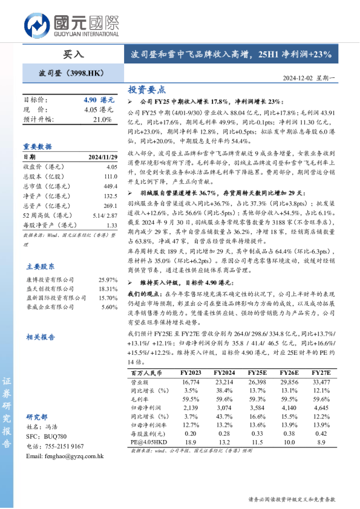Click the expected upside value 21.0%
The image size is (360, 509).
[x=103, y=119]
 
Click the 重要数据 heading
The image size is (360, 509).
[x=38, y=146]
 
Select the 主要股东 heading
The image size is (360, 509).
[x=41, y=266]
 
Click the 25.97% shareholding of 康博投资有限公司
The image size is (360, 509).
[x=107, y=280]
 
